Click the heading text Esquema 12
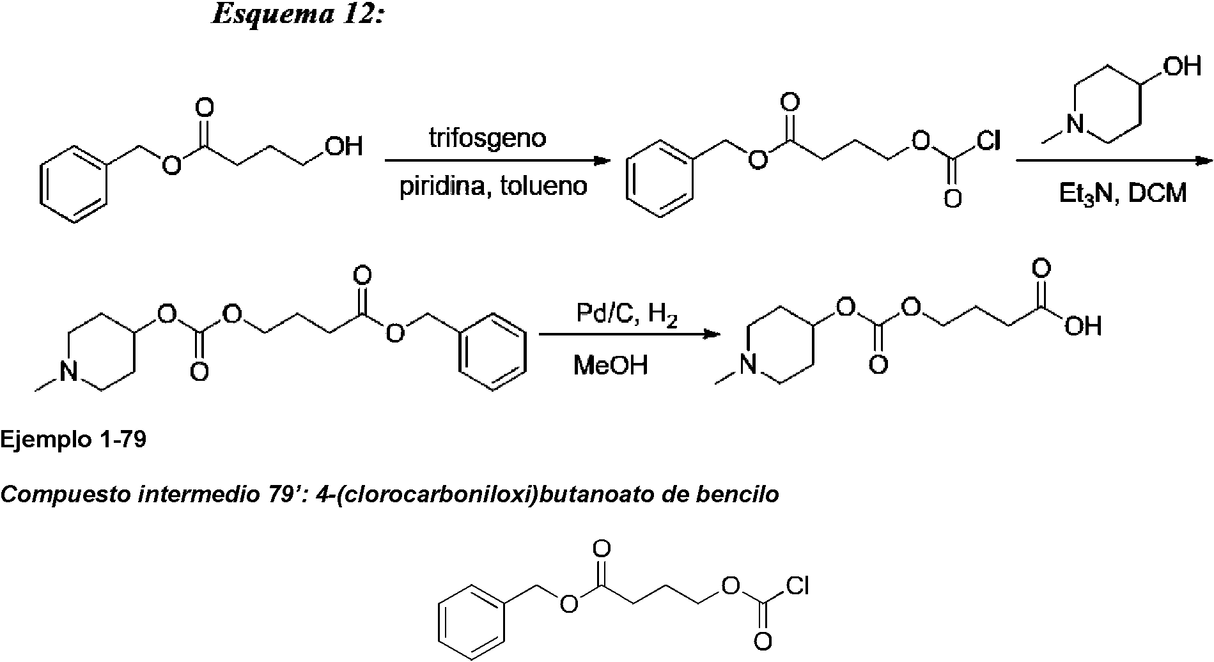pyautogui.click(x=297, y=13)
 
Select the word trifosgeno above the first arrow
pyautogui.click(x=487, y=139)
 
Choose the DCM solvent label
pyautogui.click(x=1157, y=192)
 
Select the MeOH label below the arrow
pyautogui.click(x=611, y=366)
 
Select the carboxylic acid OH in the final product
pyautogui.click(x=1083, y=327)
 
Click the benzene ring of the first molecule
pyautogui.click(x=74, y=185)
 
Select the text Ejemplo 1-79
pyautogui.click(x=74, y=440)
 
